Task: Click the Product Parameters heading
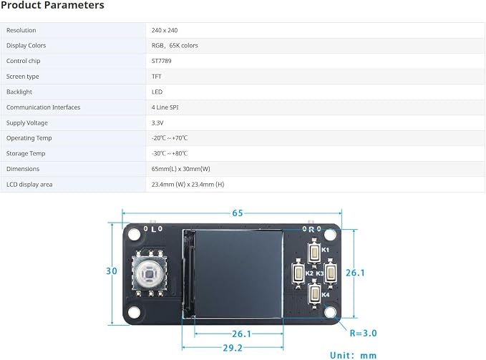[x=52, y=5]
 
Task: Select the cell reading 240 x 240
[x=165, y=30]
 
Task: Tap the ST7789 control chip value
[x=161, y=61]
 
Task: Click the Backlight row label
[x=19, y=92]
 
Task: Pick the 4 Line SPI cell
[x=165, y=107]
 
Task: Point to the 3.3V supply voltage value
[x=157, y=123]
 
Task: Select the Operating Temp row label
[x=29, y=138]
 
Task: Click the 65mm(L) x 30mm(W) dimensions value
[x=180, y=169]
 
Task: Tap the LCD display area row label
[x=29, y=185]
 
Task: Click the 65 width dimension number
[x=238, y=213]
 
